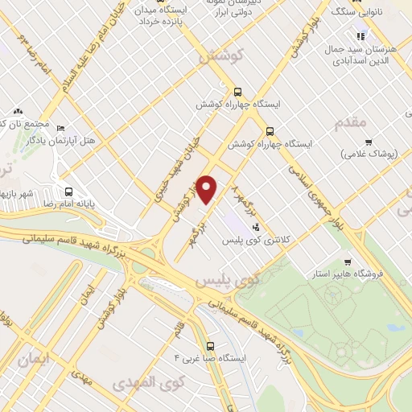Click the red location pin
click(208, 190)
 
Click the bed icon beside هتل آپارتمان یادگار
click(60, 127)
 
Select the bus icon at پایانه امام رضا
click(69, 192)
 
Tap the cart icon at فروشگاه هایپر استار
click(347, 262)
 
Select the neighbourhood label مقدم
click(349, 122)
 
